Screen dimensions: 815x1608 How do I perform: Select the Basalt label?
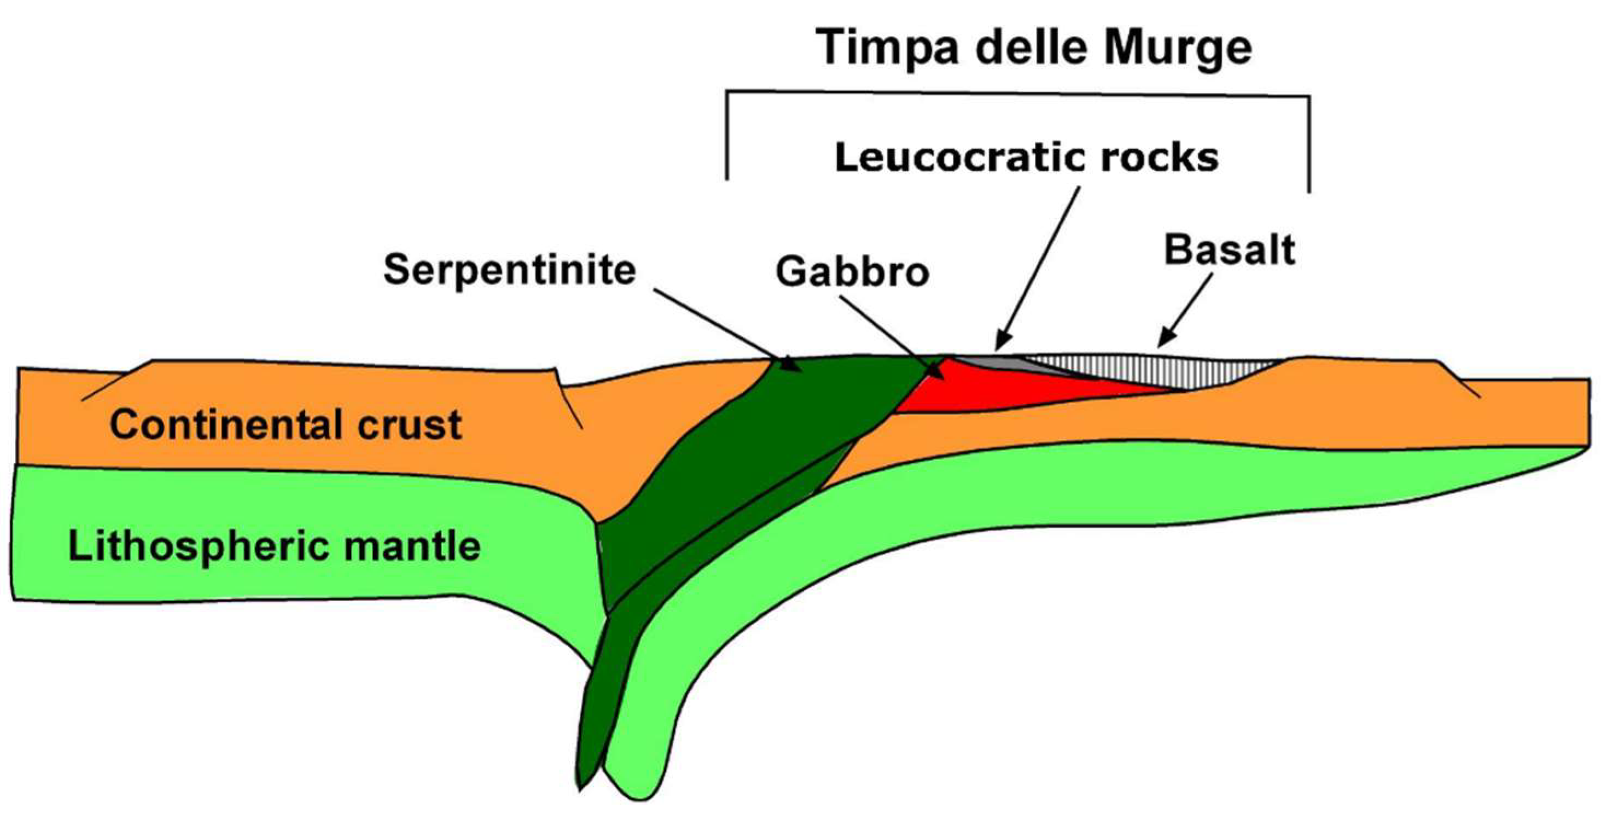pos(1229,249)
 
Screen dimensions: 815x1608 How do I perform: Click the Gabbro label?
pos(852,272)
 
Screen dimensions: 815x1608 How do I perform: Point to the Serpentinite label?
pos(509,270)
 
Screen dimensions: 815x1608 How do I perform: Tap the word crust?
pos(410,424)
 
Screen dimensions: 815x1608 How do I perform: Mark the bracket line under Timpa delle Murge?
pos(1017,94)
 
